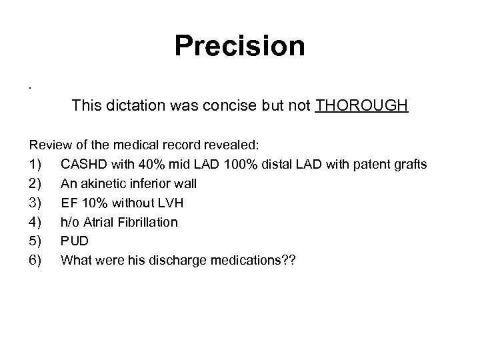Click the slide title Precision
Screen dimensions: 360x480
click(240, 47)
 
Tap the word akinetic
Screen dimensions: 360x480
click(104, 183)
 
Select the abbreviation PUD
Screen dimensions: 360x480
click(74, 241)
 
